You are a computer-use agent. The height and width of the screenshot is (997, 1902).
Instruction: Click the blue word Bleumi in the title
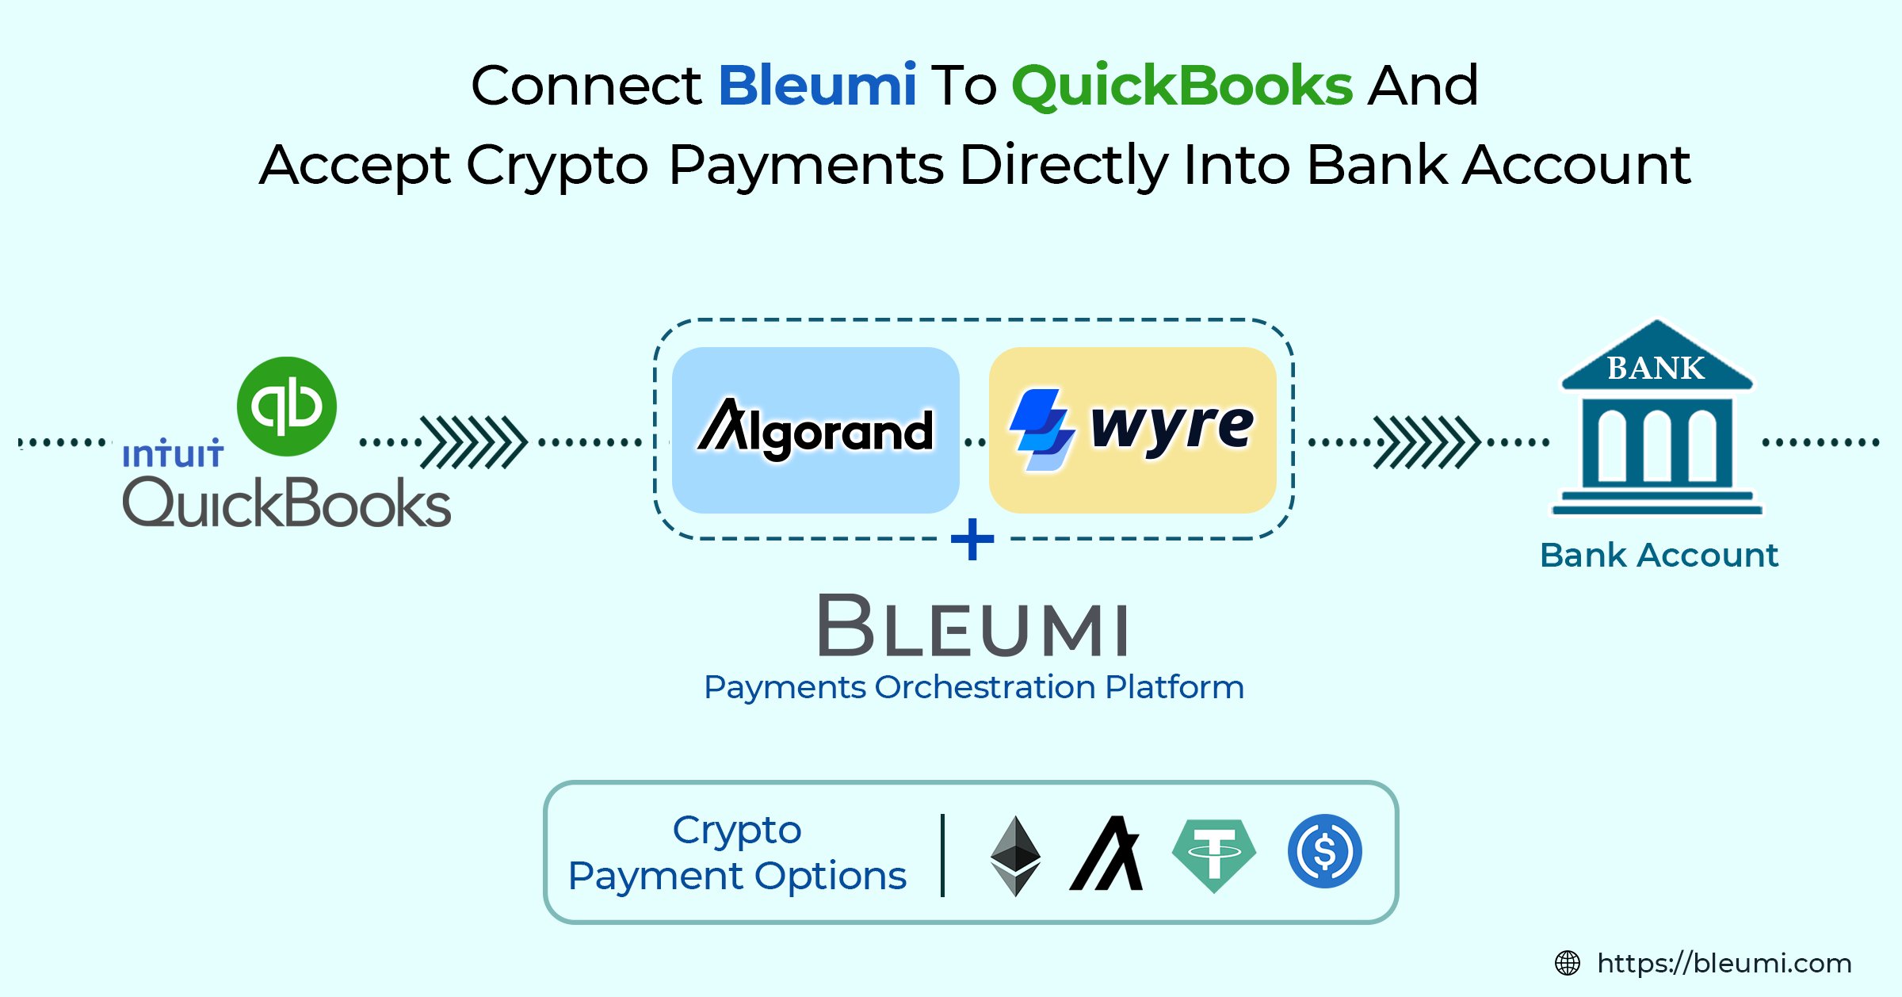coord(817,86)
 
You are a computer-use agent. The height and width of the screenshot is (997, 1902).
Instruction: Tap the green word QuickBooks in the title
coord(1182,86)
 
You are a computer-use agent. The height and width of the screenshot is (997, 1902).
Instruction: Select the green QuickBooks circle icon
coord(287,407)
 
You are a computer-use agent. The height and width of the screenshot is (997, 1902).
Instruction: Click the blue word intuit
coord(173,454)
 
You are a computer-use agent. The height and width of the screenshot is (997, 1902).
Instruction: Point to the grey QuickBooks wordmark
coord(287,503)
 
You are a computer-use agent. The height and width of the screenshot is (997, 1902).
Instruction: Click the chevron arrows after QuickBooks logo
coord(474,442)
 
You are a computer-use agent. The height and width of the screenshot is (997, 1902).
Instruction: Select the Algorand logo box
coord(815,430)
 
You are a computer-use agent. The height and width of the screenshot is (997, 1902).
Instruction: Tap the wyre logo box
coord(1132,430)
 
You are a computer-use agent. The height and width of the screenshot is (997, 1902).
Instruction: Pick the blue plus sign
coord(972,540)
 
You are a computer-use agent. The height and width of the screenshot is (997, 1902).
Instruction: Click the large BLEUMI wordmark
coord(973,626)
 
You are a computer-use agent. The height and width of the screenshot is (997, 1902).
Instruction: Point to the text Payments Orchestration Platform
coord(974,687)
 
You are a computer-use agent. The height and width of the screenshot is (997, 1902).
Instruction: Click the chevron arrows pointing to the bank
coord(1426,442)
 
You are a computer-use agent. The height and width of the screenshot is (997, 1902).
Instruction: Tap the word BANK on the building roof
coord(1656,369)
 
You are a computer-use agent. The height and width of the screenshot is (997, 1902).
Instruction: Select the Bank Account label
coord(1659,556)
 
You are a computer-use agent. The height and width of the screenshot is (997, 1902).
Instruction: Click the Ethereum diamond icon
coord(1015,855)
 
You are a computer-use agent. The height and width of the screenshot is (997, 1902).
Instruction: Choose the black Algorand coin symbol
coord(1107,854)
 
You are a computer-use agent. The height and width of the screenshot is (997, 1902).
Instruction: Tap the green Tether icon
coord(1213,854)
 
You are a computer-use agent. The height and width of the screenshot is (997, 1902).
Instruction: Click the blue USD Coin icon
coord(1324,852)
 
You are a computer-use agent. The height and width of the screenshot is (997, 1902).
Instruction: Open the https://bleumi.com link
coord(1724,964)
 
